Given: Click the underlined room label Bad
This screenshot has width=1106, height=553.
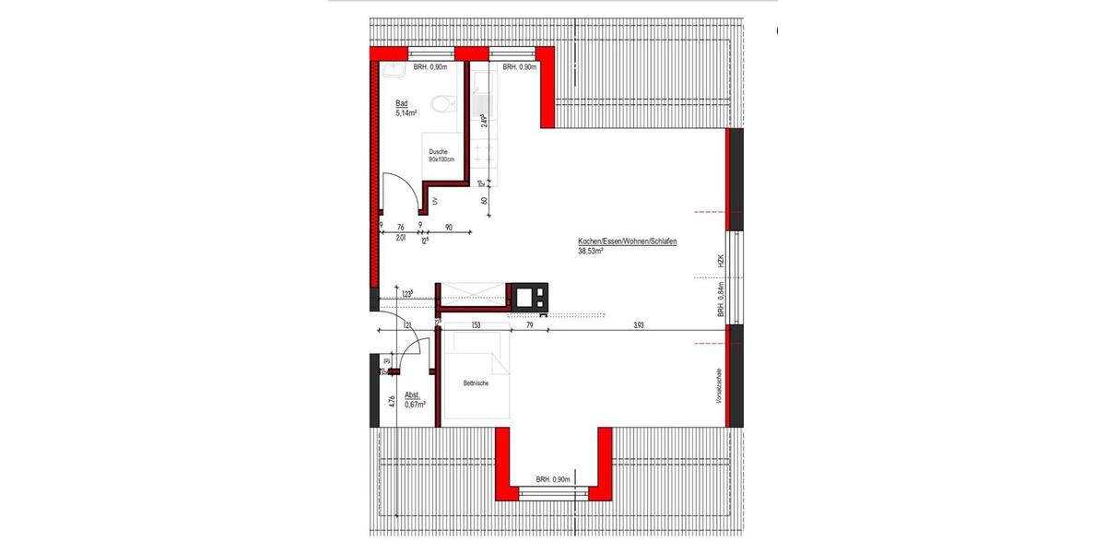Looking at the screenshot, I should point(401,103).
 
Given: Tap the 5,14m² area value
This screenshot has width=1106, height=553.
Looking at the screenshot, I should point(406,113).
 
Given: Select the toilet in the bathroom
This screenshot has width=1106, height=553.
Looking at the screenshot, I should point(444,102).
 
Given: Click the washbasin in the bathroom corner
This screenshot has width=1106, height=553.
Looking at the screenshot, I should point(394,69).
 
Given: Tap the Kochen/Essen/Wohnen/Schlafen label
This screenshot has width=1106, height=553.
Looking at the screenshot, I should point(628,241).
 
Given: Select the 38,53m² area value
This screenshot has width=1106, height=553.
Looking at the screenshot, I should point(590,251).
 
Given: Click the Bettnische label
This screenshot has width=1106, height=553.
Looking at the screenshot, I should point(476,383).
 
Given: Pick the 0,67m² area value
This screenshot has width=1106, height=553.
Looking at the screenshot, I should point(415,405).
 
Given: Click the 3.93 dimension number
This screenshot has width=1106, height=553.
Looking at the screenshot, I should point(639,324).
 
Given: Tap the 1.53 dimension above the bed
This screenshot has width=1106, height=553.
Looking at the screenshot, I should point(476,324).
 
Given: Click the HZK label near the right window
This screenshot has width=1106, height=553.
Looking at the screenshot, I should point(722,262).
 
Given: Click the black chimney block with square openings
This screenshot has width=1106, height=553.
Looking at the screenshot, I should point(530,295).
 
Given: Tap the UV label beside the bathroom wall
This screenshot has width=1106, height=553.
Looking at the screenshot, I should point(434,201).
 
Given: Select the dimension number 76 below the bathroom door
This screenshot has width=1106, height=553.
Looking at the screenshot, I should point(401,227).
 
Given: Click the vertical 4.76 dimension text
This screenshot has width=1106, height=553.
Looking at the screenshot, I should point(393,401).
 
